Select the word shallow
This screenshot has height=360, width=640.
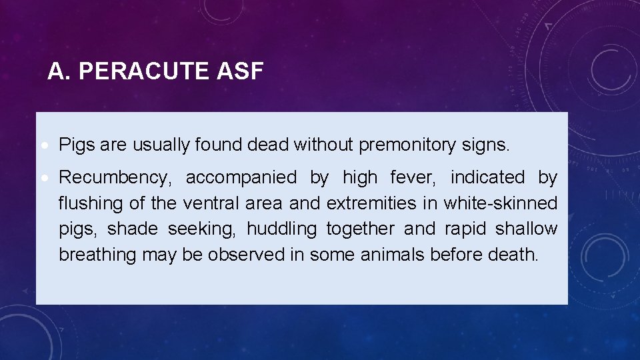click(526, 229)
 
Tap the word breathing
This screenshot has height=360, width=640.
click(97, 255)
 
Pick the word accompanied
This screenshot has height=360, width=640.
click(241, 178)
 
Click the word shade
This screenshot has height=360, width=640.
click(133, 229)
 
